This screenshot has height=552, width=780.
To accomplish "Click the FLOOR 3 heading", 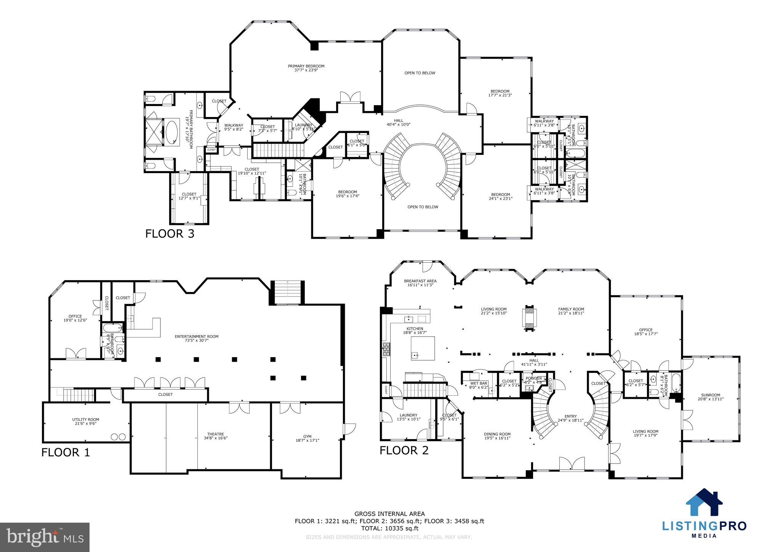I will pos(170,233).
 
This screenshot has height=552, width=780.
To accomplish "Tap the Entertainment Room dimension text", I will pos(197,340).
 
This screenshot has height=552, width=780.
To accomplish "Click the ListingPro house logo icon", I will pos(704,503).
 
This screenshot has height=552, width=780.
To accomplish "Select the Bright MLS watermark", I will pos(45,537).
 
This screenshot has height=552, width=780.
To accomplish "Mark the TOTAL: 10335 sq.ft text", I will pos(389,528).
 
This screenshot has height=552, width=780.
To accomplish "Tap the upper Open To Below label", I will pos(420,73).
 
